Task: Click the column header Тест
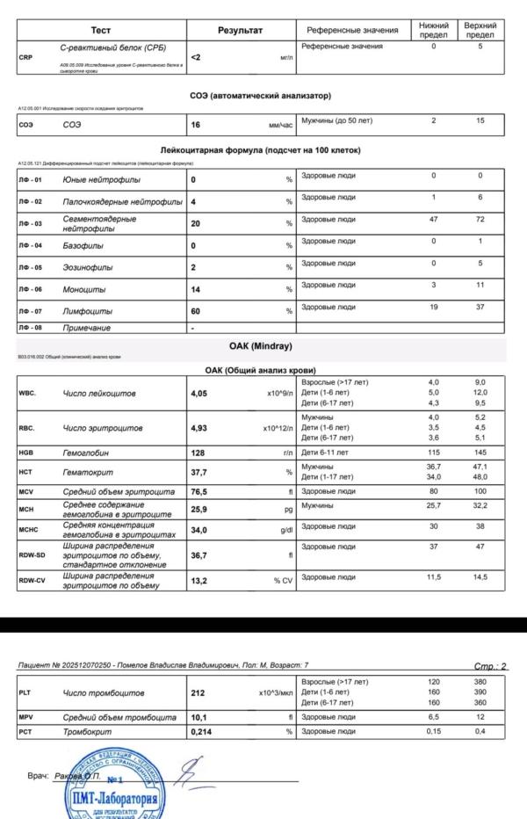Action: coord(101,30)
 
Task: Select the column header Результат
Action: coord(240,30)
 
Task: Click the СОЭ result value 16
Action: coord(196,126)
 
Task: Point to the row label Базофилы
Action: coord(83,245)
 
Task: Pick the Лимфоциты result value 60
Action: coord(197,311)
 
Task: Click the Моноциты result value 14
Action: coord(197,289)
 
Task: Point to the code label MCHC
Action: coord(32,530)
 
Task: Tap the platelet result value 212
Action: coord(199,693)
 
